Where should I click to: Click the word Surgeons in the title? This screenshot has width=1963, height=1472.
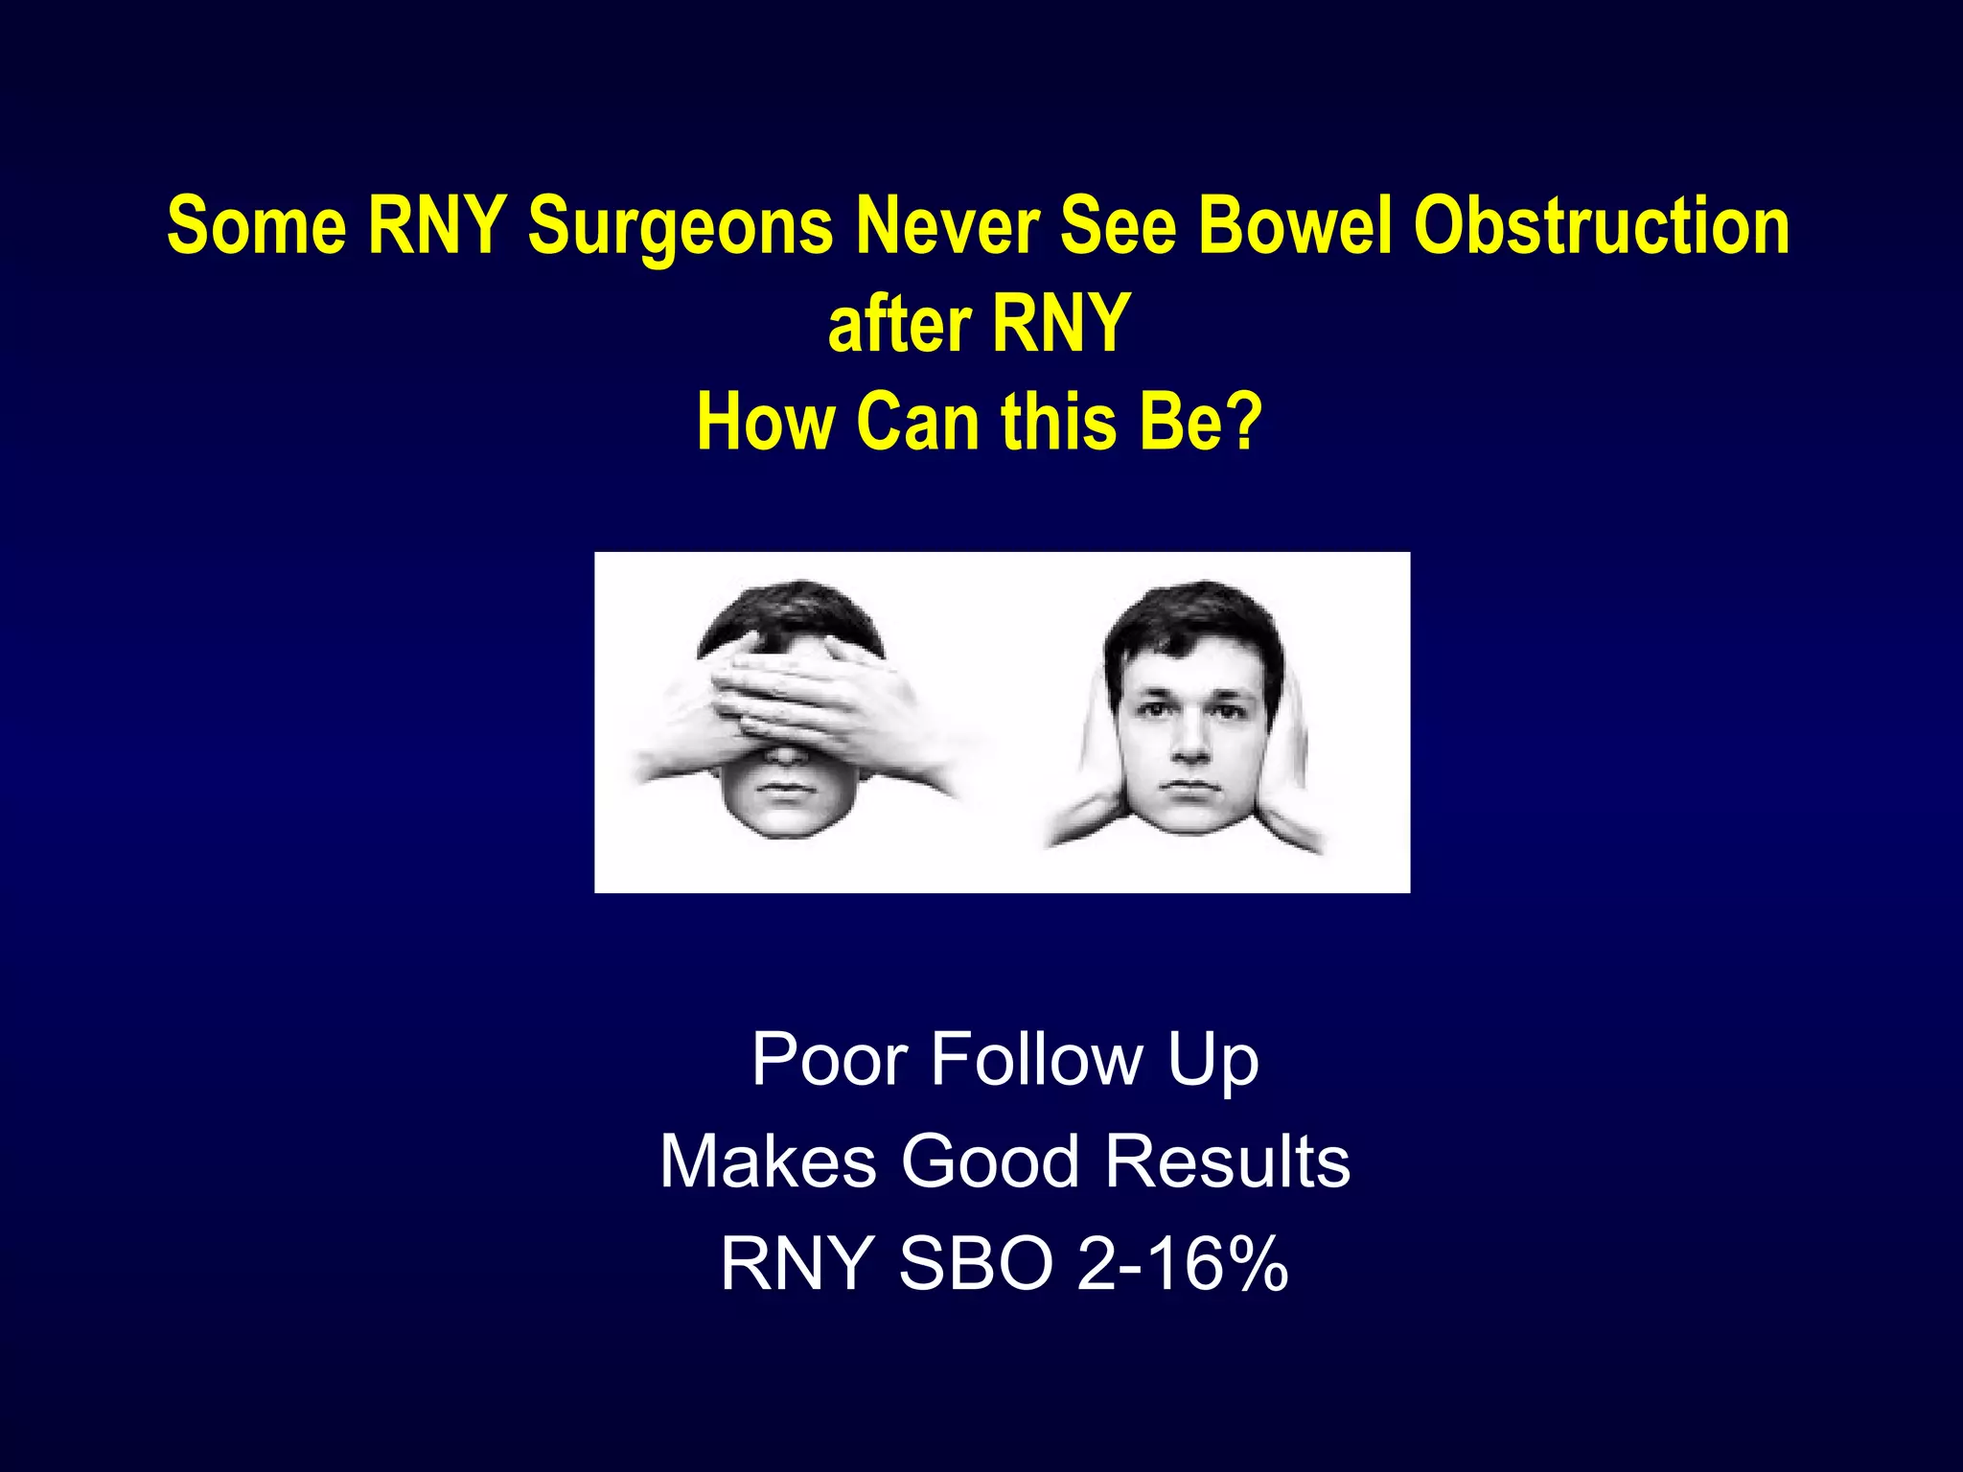point(681,226)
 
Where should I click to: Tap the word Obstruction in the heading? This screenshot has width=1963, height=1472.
point(1602,226)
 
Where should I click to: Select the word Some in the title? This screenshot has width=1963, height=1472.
point(256,226)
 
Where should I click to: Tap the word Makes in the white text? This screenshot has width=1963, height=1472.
point(768,1161)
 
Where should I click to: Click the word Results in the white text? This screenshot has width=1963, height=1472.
point(1228,1161)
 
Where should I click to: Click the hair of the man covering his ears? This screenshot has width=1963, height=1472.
point(1190,613)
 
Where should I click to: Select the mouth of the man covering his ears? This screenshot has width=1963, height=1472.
point(1190,787)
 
